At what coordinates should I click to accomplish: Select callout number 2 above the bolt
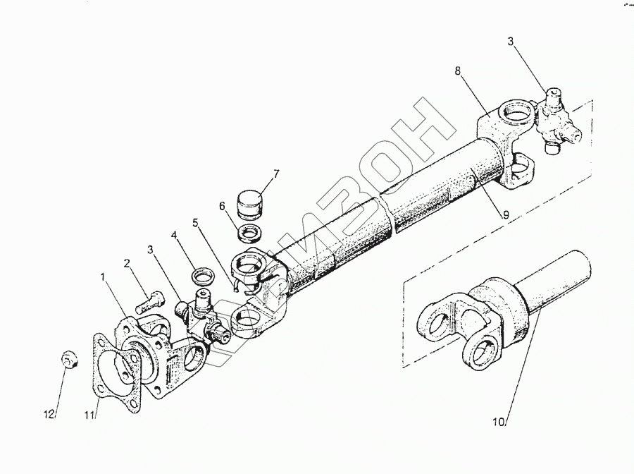coord(128,264)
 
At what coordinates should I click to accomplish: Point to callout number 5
coord(195,223)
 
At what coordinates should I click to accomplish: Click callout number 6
coord(222,206)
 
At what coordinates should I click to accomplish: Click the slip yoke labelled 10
coord(472,317)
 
